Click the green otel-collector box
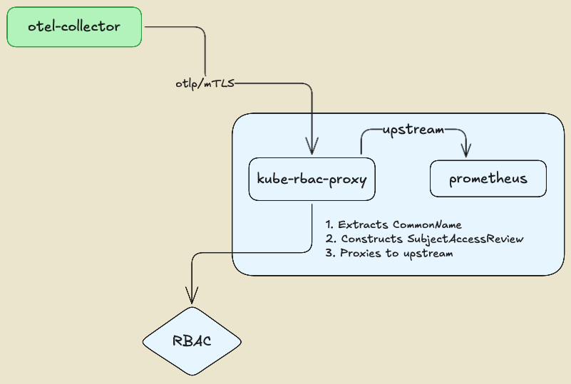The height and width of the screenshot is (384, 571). pos(74,27)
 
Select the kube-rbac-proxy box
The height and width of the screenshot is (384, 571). pos(312,180)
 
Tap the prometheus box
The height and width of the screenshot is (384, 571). pos(488,179)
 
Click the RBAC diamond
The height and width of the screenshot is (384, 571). pos(192,341)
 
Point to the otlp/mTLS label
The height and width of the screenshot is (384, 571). pos(205,83)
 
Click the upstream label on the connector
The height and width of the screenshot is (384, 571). pos(414,130)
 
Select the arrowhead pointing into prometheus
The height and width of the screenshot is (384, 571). pos(466,151)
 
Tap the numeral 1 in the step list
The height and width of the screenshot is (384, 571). pos(328,224)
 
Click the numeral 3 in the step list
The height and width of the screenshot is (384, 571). pos(329,253)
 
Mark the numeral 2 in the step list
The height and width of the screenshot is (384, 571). pos(329,239)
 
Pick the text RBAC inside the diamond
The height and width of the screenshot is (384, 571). pos(192,341)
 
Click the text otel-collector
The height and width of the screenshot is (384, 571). pos(74,27)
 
